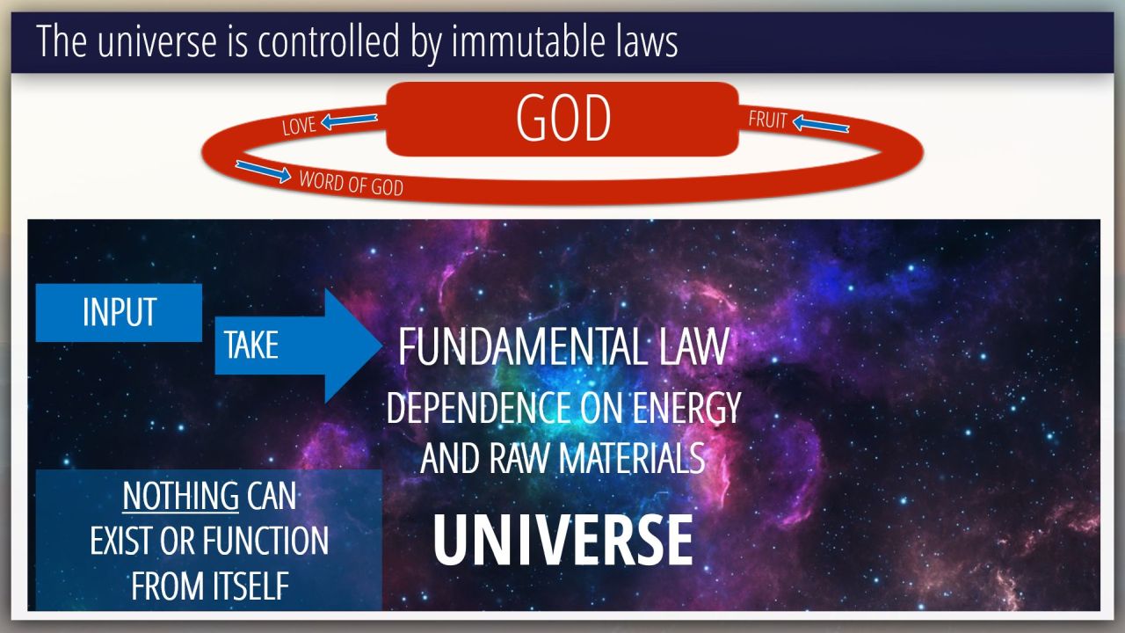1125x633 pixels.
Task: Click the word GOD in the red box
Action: click(x=563, y=119)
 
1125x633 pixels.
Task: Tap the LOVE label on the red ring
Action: click(x=299, y=126)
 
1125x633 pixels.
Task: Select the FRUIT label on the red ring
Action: click(x=767, y=120)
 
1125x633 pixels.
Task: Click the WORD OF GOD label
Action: click(x=351, y=184)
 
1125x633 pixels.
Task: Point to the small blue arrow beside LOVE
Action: click(x=349, y=120)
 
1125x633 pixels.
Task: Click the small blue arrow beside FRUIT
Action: click(x=821, y=124)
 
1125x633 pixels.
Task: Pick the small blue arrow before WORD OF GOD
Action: click(x=263, y=171)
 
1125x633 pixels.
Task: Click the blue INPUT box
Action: click(x=119, y=312)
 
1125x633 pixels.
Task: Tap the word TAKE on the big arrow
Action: click(x=250, y=346)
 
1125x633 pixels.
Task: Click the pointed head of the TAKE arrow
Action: click(x=382, y=346)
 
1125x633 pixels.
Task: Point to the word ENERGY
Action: click(x=686, y=408)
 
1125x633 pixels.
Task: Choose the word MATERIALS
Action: click(x=632, y=458)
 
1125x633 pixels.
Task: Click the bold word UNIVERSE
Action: click(x=562, y=541)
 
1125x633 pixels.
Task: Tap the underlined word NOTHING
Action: click(x=181, y=497)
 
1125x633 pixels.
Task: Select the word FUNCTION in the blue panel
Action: click(x=266, y=541)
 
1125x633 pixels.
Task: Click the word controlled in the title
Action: click(x=329, y=40)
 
